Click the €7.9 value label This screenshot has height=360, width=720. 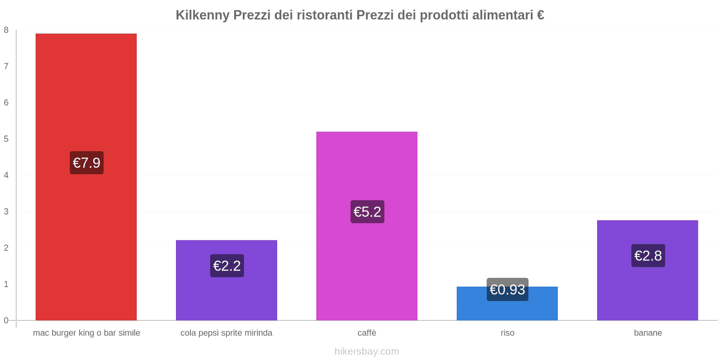86,163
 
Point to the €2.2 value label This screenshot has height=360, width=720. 227,266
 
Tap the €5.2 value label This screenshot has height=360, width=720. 367,212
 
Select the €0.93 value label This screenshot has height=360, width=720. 507,290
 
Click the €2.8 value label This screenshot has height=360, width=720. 648,256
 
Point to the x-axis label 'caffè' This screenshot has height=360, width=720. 367,333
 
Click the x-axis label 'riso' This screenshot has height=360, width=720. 507,333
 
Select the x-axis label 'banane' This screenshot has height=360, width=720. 648,333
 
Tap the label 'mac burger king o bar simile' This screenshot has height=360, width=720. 86,333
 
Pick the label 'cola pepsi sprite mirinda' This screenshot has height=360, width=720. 226,333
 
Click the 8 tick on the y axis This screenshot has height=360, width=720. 6,30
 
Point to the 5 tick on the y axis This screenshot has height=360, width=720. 6,139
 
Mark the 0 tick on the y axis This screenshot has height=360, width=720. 6,320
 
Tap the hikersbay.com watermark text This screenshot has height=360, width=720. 367,351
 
